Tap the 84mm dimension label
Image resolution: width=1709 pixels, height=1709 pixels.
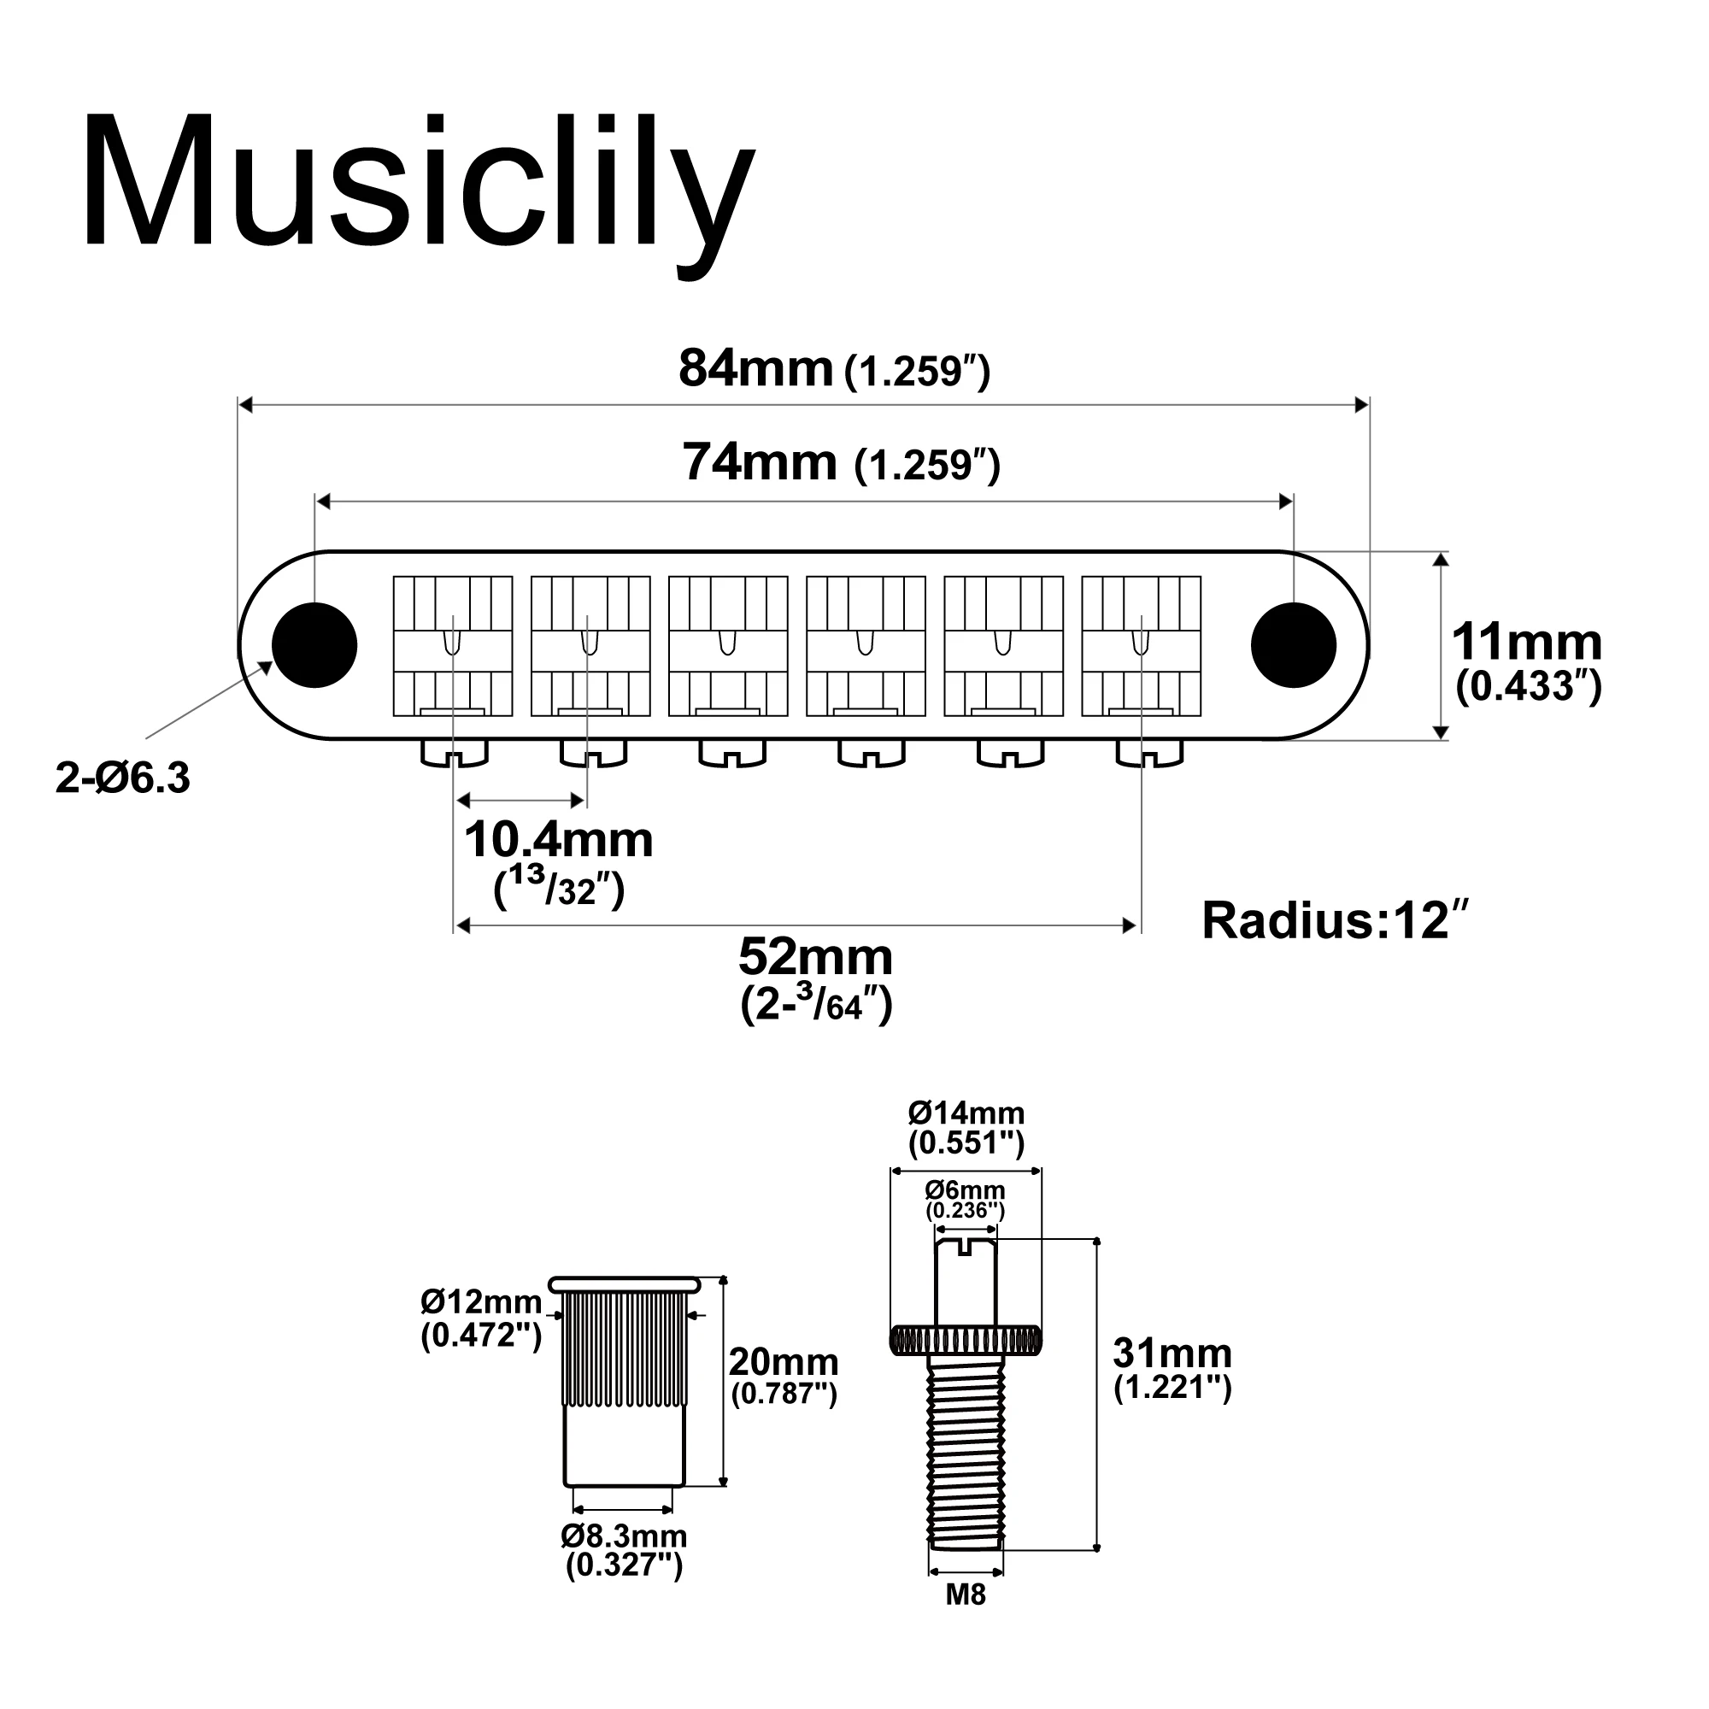(x=834, y=369)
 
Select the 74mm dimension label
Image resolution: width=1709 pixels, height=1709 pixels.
(x=841, y=462)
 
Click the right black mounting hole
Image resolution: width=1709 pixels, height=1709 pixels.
(x=1293, y=646)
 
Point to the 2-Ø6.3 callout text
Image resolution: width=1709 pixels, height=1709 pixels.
(x=123, y=778)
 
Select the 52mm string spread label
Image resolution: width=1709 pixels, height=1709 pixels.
(x=815, y=979)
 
